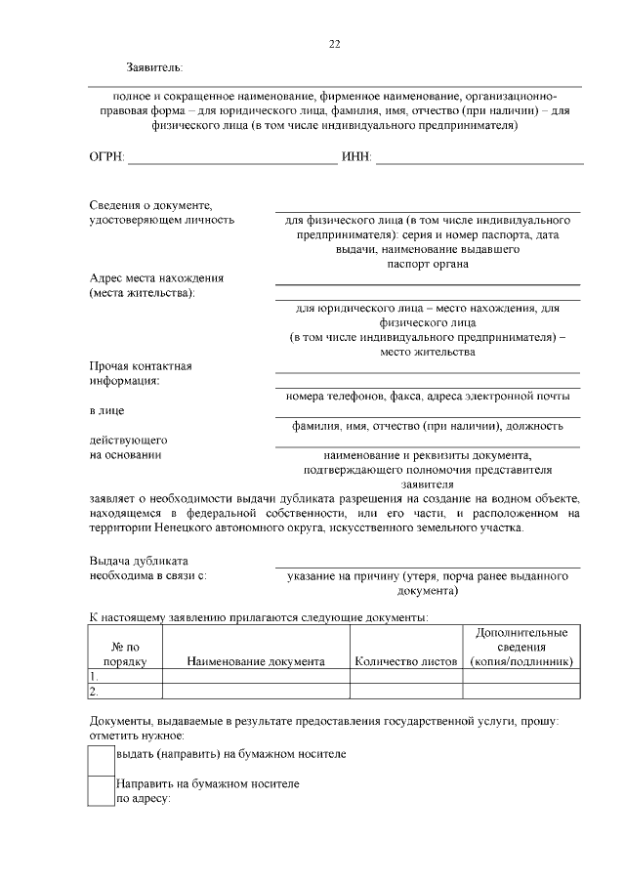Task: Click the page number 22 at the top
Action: (x=334, y=45)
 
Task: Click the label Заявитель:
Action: (x=153, y=67)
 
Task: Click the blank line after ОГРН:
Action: (x=232, y=158)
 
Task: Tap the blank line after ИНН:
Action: (x=478, y=158)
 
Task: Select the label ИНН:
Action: (x=356, y=157)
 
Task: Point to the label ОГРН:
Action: (x=107, y=157)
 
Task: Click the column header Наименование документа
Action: (x=256, y=661)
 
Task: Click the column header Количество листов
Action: (x=406, y=661)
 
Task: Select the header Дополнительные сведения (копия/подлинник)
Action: (x=521, y=648)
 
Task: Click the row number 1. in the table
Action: (x=95, y=676)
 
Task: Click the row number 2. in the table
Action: (x=95, y=692)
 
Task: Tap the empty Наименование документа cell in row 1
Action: (x=256, y=676)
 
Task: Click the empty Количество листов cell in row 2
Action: (x=406, y=692)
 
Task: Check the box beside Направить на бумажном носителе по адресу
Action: (x=102, y=790)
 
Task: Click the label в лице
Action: (x=106, y=410)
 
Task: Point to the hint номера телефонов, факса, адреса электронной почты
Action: (x=428, y=396)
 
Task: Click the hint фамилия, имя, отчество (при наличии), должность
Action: (x=428, y=426)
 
